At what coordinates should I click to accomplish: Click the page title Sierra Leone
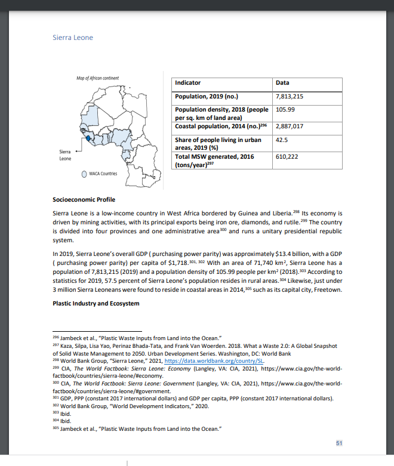click(73, 38)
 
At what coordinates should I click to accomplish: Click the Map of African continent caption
click(97, 78)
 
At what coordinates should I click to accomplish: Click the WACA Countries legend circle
click(85, 174)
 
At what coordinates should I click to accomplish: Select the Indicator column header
click(188, 83)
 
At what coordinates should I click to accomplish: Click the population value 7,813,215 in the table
click(290, 96)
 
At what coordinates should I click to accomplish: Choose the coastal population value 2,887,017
click(290, 126)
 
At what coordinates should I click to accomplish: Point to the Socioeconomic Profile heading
click(84, 199)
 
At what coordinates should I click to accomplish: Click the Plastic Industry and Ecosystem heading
click(96, 304)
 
